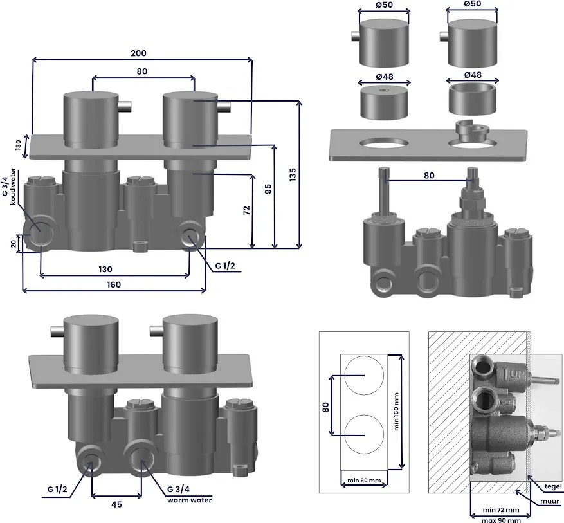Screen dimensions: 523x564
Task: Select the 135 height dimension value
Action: (293, 174)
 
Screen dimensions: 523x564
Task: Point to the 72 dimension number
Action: (246, 211)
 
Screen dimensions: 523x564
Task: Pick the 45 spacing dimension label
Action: (116, 504)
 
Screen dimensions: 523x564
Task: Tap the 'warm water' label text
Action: (189, 499)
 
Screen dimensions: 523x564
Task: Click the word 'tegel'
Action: (553, 486)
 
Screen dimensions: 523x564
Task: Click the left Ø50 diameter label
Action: (385, 5)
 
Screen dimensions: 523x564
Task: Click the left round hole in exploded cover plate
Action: (383, 142)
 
